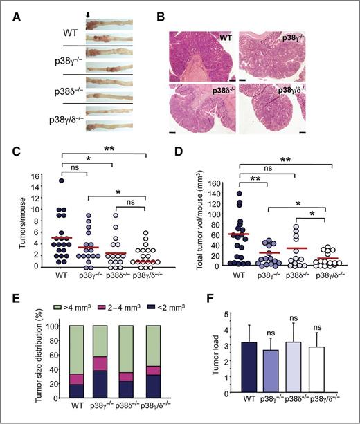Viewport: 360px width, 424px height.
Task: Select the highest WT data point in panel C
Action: click(62, 181)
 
